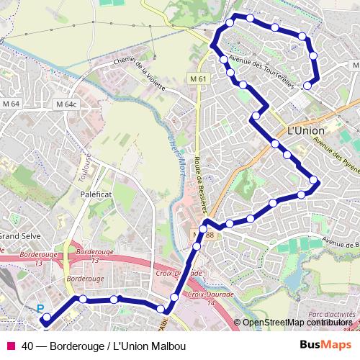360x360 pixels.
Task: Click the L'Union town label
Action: [305, 132]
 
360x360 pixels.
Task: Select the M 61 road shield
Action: [199, 78]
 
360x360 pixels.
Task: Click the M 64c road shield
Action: [65, 104]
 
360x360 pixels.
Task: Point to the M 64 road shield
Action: [12, 104]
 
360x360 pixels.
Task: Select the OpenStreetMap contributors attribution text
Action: [296, 323]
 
